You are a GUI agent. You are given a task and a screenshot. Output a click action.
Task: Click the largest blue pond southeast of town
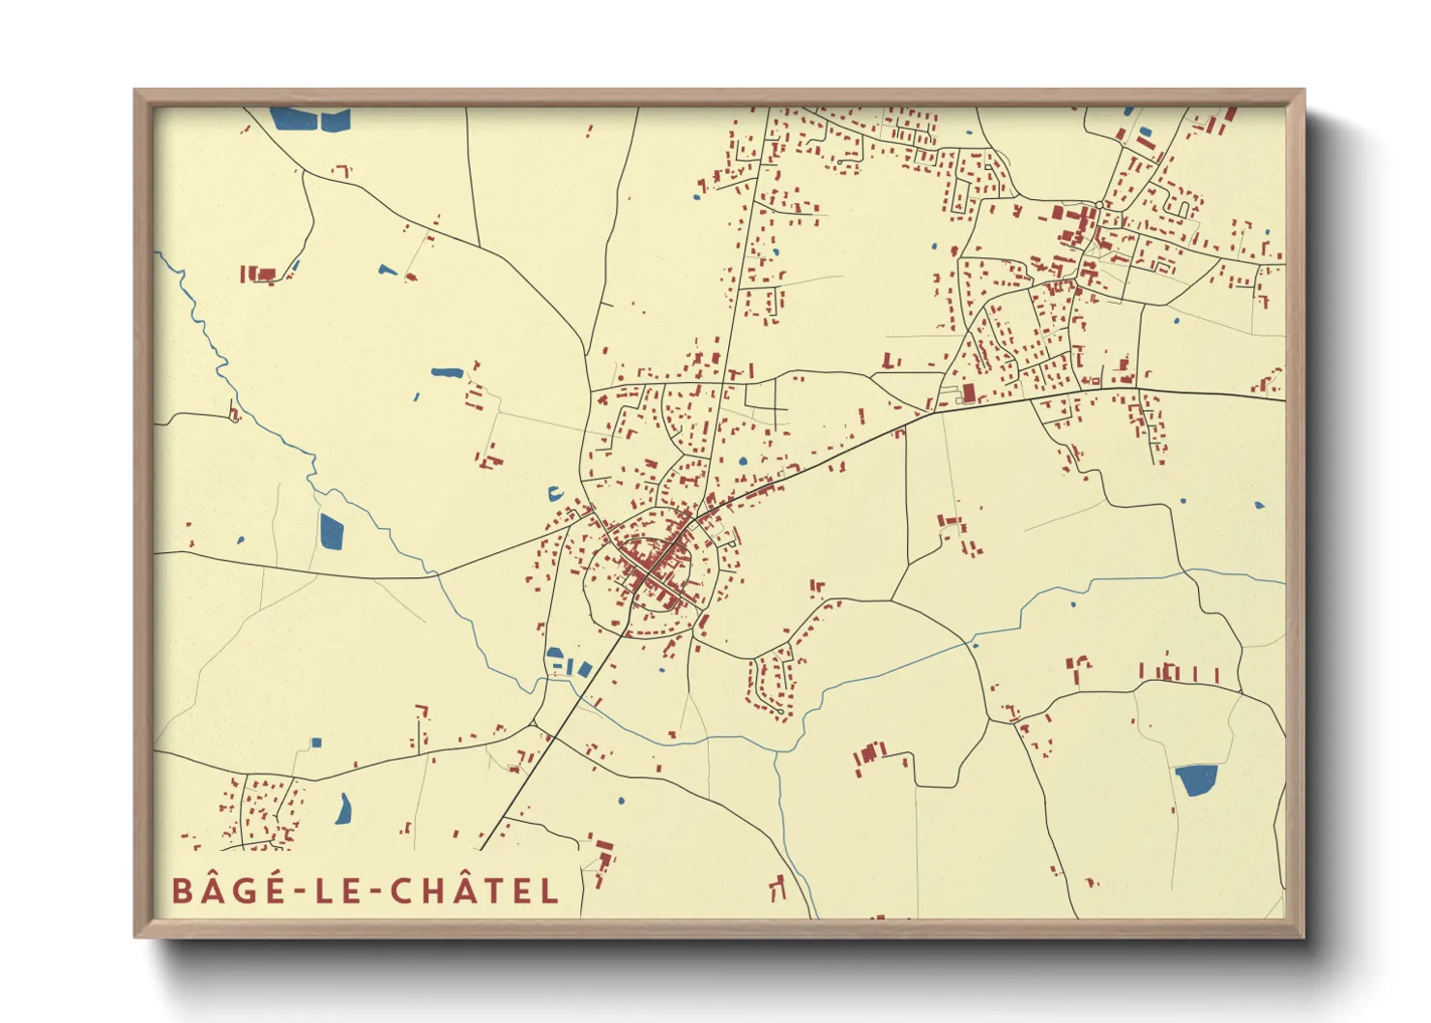click(x=1196, y=779)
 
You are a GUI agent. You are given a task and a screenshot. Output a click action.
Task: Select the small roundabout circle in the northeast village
click(x=1102, y=205)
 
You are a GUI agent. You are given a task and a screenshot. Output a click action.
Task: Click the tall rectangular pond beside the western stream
click(x=331, y=531)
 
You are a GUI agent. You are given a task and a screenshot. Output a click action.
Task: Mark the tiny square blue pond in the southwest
click(x=316, y=743)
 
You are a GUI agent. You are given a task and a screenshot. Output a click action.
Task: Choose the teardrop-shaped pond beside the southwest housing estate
click(x=343, y=809)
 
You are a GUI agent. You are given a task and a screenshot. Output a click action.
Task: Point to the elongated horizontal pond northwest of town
click(x=446, y=372)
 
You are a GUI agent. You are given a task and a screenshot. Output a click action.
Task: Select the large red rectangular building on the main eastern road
click(x=969, y=394)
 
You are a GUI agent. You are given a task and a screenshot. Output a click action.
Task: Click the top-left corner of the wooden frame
click(x=136, y=92)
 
